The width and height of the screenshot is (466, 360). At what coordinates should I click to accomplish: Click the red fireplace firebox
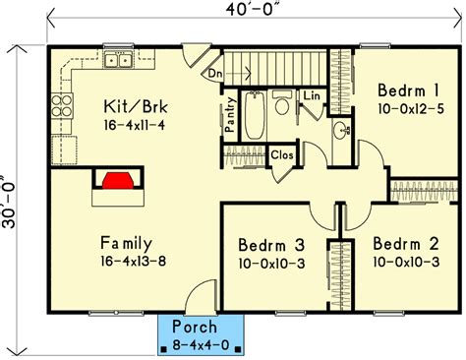(118, 181)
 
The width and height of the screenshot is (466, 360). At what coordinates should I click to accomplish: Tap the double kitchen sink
(118, 60)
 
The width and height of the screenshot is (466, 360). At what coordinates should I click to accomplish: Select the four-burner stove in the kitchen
(62, 105)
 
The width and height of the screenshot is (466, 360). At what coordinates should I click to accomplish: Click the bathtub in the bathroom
(255, 115)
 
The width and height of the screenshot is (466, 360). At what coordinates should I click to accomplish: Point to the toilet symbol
(281, 102)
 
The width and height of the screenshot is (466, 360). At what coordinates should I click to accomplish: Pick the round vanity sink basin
(341, 130)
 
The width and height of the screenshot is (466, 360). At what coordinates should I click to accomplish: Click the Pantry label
(231, 115)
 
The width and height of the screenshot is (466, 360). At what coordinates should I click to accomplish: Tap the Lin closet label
(312, 95)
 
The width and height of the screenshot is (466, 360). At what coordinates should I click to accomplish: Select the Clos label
(282, 154)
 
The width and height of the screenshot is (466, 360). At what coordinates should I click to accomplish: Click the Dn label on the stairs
(215, 74)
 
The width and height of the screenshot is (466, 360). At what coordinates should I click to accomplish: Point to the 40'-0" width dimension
(254, 10)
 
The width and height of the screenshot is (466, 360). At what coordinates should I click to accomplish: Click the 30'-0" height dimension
(9, 201)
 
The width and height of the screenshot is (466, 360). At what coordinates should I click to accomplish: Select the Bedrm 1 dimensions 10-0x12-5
(411, 109)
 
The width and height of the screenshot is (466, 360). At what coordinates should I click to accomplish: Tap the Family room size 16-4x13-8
(134, 262)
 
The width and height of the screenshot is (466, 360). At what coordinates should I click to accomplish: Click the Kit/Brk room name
(136, 107)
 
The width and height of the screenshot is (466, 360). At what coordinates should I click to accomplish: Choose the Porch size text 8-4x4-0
(201, 345)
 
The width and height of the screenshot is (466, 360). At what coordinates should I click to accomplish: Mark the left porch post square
(164, 349)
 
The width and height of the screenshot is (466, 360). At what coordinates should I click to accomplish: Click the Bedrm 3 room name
(271, 245)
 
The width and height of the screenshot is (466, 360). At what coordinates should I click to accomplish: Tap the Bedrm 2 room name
(406, 244)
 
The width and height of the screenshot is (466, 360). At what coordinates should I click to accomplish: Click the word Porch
(195, 327)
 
